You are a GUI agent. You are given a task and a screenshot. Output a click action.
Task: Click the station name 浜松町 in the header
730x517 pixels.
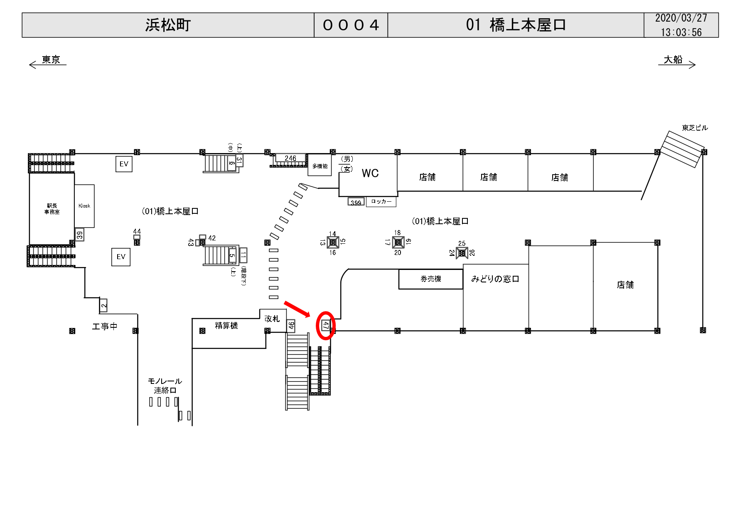168,25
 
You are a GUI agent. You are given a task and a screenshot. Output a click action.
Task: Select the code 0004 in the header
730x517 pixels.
351,25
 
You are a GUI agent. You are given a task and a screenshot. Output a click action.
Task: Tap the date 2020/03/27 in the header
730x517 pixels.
681,18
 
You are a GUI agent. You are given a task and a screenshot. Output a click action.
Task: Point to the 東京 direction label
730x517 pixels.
51,60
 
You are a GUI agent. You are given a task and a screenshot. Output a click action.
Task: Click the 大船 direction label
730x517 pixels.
673,60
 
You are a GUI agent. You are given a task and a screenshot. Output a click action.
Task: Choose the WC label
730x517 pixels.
370,173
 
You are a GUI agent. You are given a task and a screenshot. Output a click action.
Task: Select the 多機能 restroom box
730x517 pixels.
320,166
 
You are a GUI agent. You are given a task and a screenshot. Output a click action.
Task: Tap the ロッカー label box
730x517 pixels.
381,202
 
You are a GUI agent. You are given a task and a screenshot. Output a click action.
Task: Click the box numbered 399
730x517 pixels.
356,203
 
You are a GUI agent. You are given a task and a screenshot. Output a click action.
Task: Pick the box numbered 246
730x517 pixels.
290,158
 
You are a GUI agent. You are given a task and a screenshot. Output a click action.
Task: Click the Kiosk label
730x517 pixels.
84,206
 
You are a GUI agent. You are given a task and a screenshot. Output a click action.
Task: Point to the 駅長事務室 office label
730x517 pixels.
52,209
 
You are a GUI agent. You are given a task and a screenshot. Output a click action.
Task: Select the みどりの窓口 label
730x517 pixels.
495,279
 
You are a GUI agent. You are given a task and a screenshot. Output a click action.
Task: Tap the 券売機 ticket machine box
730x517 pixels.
431,279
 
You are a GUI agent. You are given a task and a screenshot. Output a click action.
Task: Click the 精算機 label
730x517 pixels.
226,326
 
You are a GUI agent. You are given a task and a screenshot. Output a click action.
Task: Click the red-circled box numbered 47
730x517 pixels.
326,326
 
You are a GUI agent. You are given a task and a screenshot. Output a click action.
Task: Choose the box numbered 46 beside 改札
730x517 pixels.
291,326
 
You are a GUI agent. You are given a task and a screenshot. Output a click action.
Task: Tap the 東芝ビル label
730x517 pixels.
695,128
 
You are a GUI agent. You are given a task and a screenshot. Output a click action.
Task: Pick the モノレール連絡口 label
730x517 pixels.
165,386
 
